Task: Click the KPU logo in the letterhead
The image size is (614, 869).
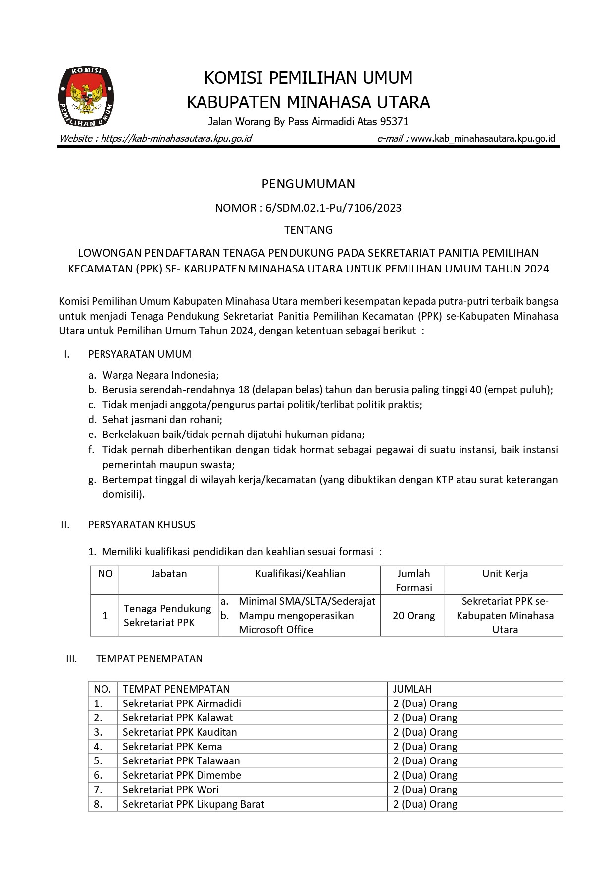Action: click(x=86, y=97)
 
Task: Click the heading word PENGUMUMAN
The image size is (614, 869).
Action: click(x=308, y=184)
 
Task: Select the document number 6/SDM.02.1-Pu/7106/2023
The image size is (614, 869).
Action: click(x=333, y=208)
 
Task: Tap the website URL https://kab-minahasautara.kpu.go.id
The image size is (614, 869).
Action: click(x=176, y=138)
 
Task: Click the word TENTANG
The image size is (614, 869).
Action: click(x=308, y=230)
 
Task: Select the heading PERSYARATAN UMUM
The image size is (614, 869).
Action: click(x=139, y=354)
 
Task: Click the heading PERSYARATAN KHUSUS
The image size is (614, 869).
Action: click(x=142, y=525)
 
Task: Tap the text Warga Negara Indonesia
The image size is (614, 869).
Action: click(x=160, y=375)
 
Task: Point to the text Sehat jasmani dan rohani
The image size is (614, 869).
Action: click(x=162, y=420)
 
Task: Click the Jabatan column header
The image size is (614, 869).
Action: click(x=169, y=574)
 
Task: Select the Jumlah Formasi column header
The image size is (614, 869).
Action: click(x=413, y=580)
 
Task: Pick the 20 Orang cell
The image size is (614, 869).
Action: click(x=413, y=616)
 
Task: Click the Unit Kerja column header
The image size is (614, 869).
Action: click(x=505, y=574)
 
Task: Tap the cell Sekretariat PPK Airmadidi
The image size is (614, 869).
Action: click(x=182, y=704)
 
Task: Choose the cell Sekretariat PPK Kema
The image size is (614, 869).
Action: click(x=172, y=747)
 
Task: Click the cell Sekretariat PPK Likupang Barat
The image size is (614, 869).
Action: click(x=194, y=804)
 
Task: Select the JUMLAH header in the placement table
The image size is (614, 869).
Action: click(x=412, y=689)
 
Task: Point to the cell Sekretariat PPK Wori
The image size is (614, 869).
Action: click(x=171, y=790)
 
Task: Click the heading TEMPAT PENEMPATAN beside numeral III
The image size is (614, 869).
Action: click(x=149, y=659)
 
